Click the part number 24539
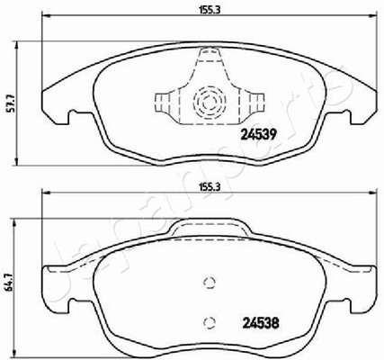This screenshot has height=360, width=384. click(x=258, y=135)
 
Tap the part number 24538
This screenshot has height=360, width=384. click(x=261, y=323)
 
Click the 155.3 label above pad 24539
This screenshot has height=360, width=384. click(x=210, y=10)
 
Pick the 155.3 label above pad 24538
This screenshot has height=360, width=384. click(x=210, y=187)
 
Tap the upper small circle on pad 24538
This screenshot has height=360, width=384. click(x=210, y=283)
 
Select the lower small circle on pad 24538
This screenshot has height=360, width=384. click(x=210, y=322)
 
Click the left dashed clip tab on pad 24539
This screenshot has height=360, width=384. click(x=166, y=103)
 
